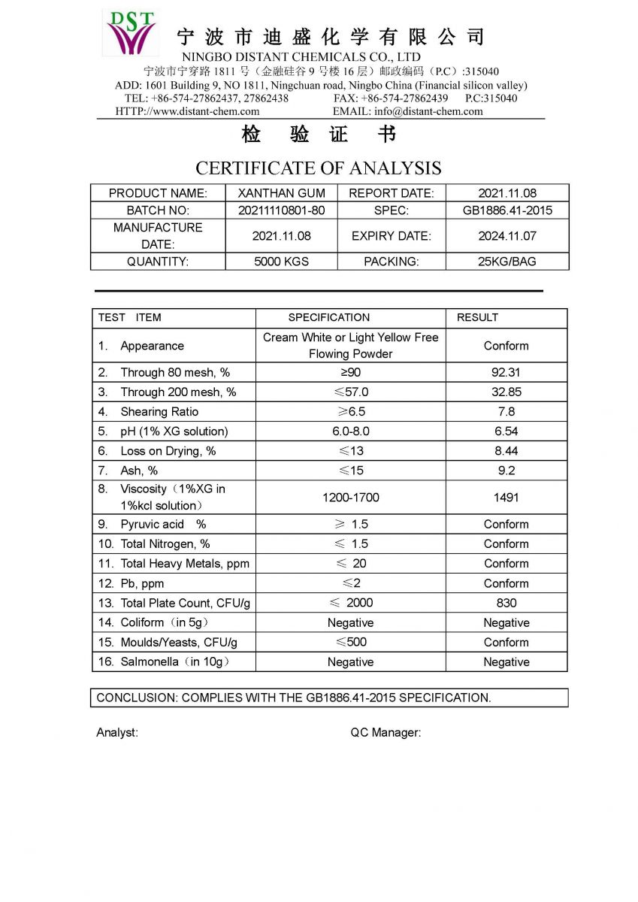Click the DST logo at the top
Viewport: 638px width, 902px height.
pyautogui.click(x=132, y=32)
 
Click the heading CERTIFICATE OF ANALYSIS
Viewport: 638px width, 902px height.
pyautogui.click(x=319, y=168)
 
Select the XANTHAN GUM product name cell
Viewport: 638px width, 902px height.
pyautogui.click(x=281, y=193)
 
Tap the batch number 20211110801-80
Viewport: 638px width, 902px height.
pyautogui.click(x=281, y=210)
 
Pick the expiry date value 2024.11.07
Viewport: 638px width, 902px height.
pyautogui.click(x=507, y=236)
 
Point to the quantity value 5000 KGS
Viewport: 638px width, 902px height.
pyautogui.click(x=281, y=262)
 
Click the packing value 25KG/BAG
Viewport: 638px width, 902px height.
pyautogui.click(x=507, y=262)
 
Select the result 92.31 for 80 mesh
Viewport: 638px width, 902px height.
pyautogui.click(x=506, y=372)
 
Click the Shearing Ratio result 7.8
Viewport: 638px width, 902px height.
pyautogui.click(x=506, y=411)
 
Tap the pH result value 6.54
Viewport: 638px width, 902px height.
pyautogui.click(x=506, y=431)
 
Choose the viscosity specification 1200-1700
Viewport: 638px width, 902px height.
pyautogui.click(x=350, y=497)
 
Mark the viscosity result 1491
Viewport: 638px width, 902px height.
pyautogui.click(x=506, y=497)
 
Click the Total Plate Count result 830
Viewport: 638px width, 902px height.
pyautogui.click(x=506, y=603)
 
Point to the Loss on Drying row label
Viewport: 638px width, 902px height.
pyautogui.click(x=168, y=451)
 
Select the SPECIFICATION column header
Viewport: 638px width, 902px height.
pyautogui.click(x=328, y=317)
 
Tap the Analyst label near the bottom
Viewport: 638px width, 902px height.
pyautogui.click(x=117, y=733)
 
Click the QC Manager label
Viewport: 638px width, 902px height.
pyautogui.click(x=386, y=733)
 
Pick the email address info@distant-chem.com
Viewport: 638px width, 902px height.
pyautogui.click(x=428, y=111)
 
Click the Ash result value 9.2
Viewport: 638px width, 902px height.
pyautogui.click(x=506, y=471)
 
